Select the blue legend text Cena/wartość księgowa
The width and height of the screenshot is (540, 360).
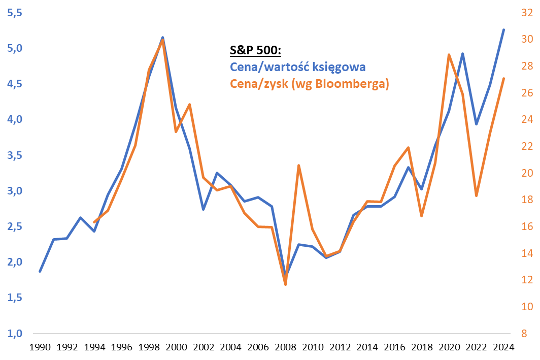298,67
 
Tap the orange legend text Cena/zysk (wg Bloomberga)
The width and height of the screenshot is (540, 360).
309,84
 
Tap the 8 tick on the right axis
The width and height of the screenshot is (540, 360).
524,334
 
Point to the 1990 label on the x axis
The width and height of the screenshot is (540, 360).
40,348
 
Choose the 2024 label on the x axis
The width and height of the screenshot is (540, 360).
503,348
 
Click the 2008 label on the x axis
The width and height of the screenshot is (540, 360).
285,348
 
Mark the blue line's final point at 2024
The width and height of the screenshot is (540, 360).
503,29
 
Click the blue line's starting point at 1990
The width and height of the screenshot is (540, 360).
40,271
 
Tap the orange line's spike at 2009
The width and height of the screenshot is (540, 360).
299,166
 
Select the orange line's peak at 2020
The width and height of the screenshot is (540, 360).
449,54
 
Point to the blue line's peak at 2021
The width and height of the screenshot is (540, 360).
462,53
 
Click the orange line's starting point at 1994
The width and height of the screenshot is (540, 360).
94,222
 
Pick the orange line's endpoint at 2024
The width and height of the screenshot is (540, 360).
503,78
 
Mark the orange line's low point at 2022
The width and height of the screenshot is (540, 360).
476,195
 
